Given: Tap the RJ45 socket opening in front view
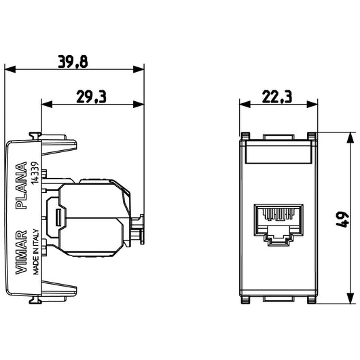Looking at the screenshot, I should (x=278, y=221).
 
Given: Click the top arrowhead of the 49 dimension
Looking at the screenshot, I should (x=350, y=136).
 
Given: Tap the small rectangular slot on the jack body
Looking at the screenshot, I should (x=60, y=217).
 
